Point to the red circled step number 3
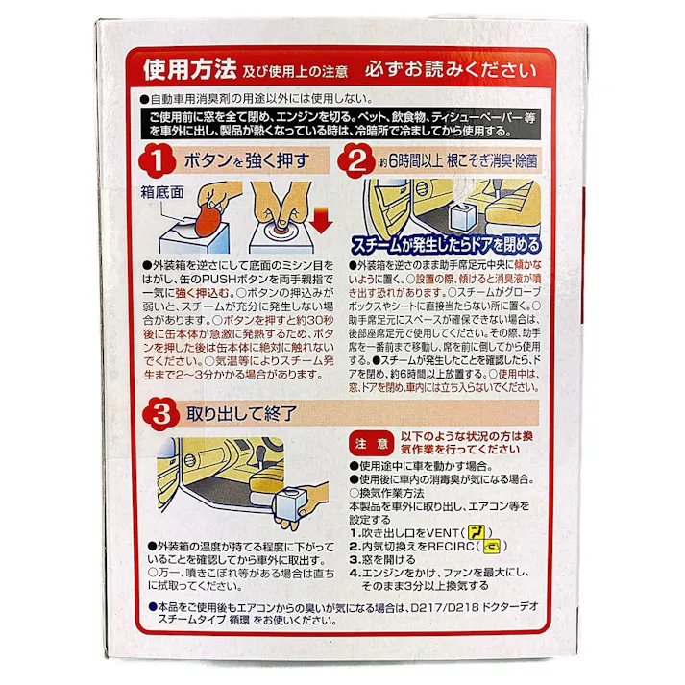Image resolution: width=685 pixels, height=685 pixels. (x=160, y=415)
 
